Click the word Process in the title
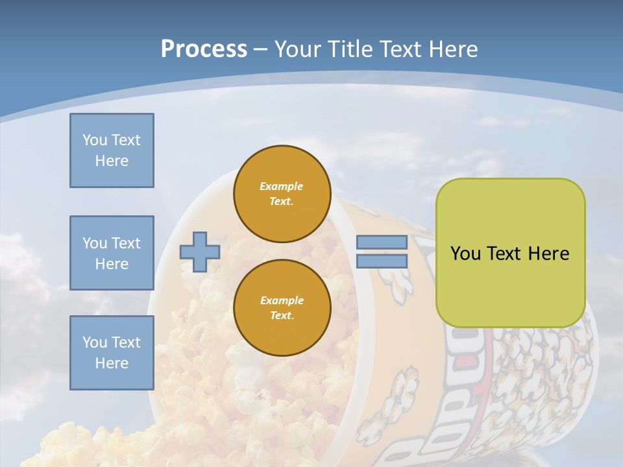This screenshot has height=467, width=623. coord(204,49)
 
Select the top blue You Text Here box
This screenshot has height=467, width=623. coord(112,150)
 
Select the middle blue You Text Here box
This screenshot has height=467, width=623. coord(112,253)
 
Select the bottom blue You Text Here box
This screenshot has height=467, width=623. coord(112,353)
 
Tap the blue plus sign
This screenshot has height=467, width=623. coord(200,252)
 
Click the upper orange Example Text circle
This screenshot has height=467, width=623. coord(282,194)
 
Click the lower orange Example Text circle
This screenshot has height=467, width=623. coord(282,308)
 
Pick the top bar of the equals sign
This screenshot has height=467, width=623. coord(382,242)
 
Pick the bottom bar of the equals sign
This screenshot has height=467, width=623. coord(382,261)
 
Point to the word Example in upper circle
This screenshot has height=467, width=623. coord(282,186)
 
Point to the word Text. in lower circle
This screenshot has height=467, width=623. coord(282,316)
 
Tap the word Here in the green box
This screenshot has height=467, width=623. coord(548,254)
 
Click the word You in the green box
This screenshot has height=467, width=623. coord(465,254)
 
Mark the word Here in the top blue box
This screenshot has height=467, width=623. coord(112,161)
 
